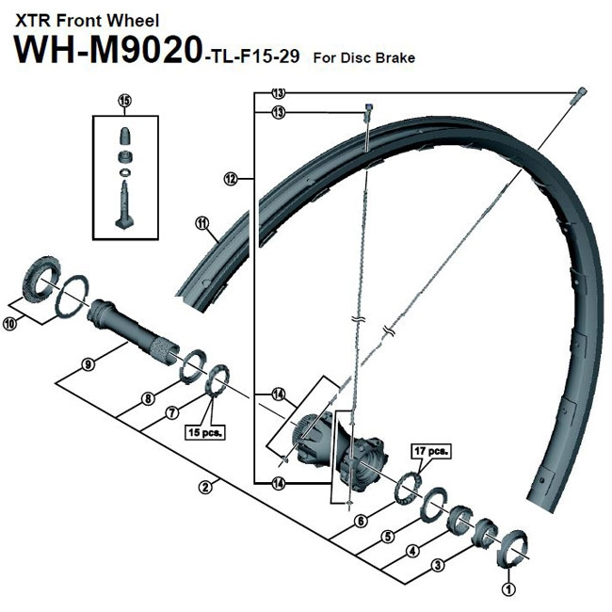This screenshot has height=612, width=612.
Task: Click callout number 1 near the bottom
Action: click(x=508, y=590)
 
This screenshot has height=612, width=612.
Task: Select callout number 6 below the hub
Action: click(x=360, y=521)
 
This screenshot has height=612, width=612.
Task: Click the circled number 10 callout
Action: click(x=10, y=324)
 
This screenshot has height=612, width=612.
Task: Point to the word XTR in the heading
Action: click(x=29, y=19)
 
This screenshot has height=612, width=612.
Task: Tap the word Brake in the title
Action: click(x=395, y=57)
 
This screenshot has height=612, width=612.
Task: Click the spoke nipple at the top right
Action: click(x=581, y=91)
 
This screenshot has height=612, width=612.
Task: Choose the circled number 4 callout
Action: click(x=412, y=552)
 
